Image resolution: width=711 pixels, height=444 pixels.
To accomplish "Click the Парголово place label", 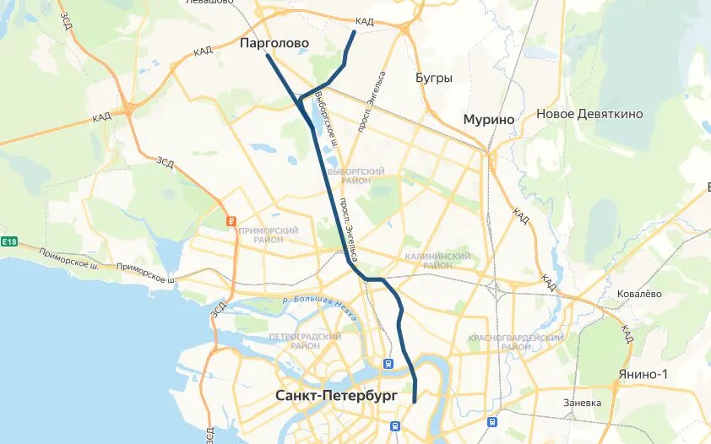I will coord(274,42).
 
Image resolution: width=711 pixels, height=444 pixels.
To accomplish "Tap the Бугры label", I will coord(434,78).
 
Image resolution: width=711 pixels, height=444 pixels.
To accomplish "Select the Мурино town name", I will coord(488,120).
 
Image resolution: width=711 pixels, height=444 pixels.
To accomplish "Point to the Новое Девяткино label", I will coord(589,114).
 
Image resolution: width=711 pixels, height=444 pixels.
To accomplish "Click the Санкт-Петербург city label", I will coord(336,395).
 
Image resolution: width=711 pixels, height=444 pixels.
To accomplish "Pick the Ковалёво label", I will coord(639,294).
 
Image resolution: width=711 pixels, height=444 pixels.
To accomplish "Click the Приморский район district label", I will coord(269,235).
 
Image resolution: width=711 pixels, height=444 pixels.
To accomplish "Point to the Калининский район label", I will coord(437,260).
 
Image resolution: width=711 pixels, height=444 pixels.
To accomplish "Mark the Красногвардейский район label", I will coord(515,342).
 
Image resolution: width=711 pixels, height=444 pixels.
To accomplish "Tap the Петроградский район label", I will coord(305,341).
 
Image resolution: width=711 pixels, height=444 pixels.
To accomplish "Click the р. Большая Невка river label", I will coord(320,306).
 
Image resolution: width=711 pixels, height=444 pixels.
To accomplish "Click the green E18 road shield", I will coord(9,242).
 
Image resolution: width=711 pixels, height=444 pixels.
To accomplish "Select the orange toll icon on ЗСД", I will coord(229,221).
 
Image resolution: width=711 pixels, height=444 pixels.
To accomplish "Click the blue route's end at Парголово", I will coord(268,56).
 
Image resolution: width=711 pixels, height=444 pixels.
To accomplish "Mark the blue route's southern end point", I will coord(415,402).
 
